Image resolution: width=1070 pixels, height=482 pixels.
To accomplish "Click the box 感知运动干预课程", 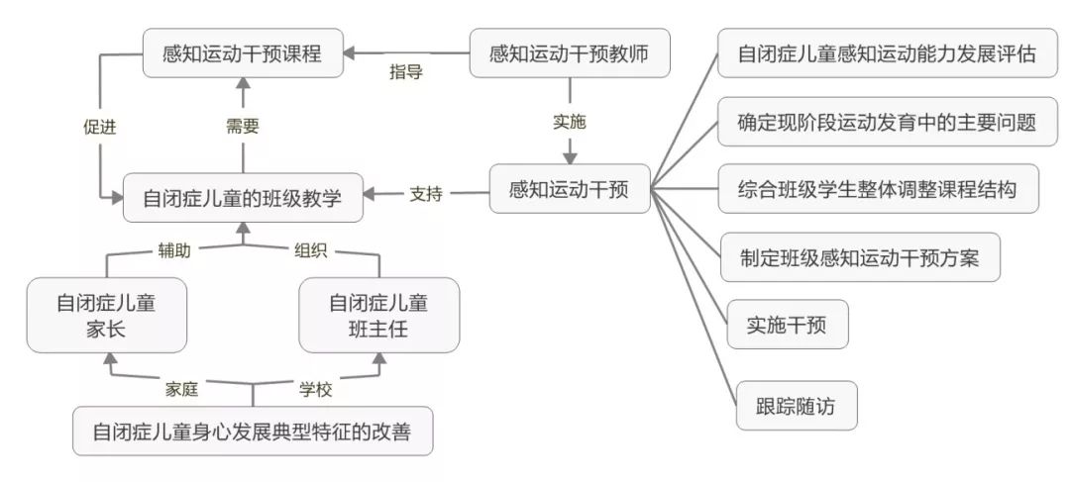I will click(243, 53).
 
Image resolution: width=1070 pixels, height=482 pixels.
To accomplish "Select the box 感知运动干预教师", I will click(570, 53).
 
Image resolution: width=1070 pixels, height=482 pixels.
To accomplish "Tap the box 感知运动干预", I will click(570, 188).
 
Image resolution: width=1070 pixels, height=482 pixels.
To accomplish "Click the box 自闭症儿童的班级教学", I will click(243, 198).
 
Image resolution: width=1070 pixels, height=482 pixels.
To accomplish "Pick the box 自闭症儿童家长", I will click(106, 315).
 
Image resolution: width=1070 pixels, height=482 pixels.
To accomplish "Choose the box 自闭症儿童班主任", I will click(378, 315).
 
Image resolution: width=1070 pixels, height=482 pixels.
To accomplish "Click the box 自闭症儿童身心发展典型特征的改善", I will click(253, 432).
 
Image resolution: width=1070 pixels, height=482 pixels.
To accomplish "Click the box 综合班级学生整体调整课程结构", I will click(878, 188).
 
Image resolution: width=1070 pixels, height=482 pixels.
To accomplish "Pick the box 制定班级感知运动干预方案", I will click(859, 257).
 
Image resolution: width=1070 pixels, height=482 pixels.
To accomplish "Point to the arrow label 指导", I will click(405, 72).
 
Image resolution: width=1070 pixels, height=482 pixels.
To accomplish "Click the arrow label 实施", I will click(569, 123).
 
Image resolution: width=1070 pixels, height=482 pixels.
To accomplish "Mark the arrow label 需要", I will click(243, 127).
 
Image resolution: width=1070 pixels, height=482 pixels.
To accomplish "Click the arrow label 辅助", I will click(174, 250).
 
